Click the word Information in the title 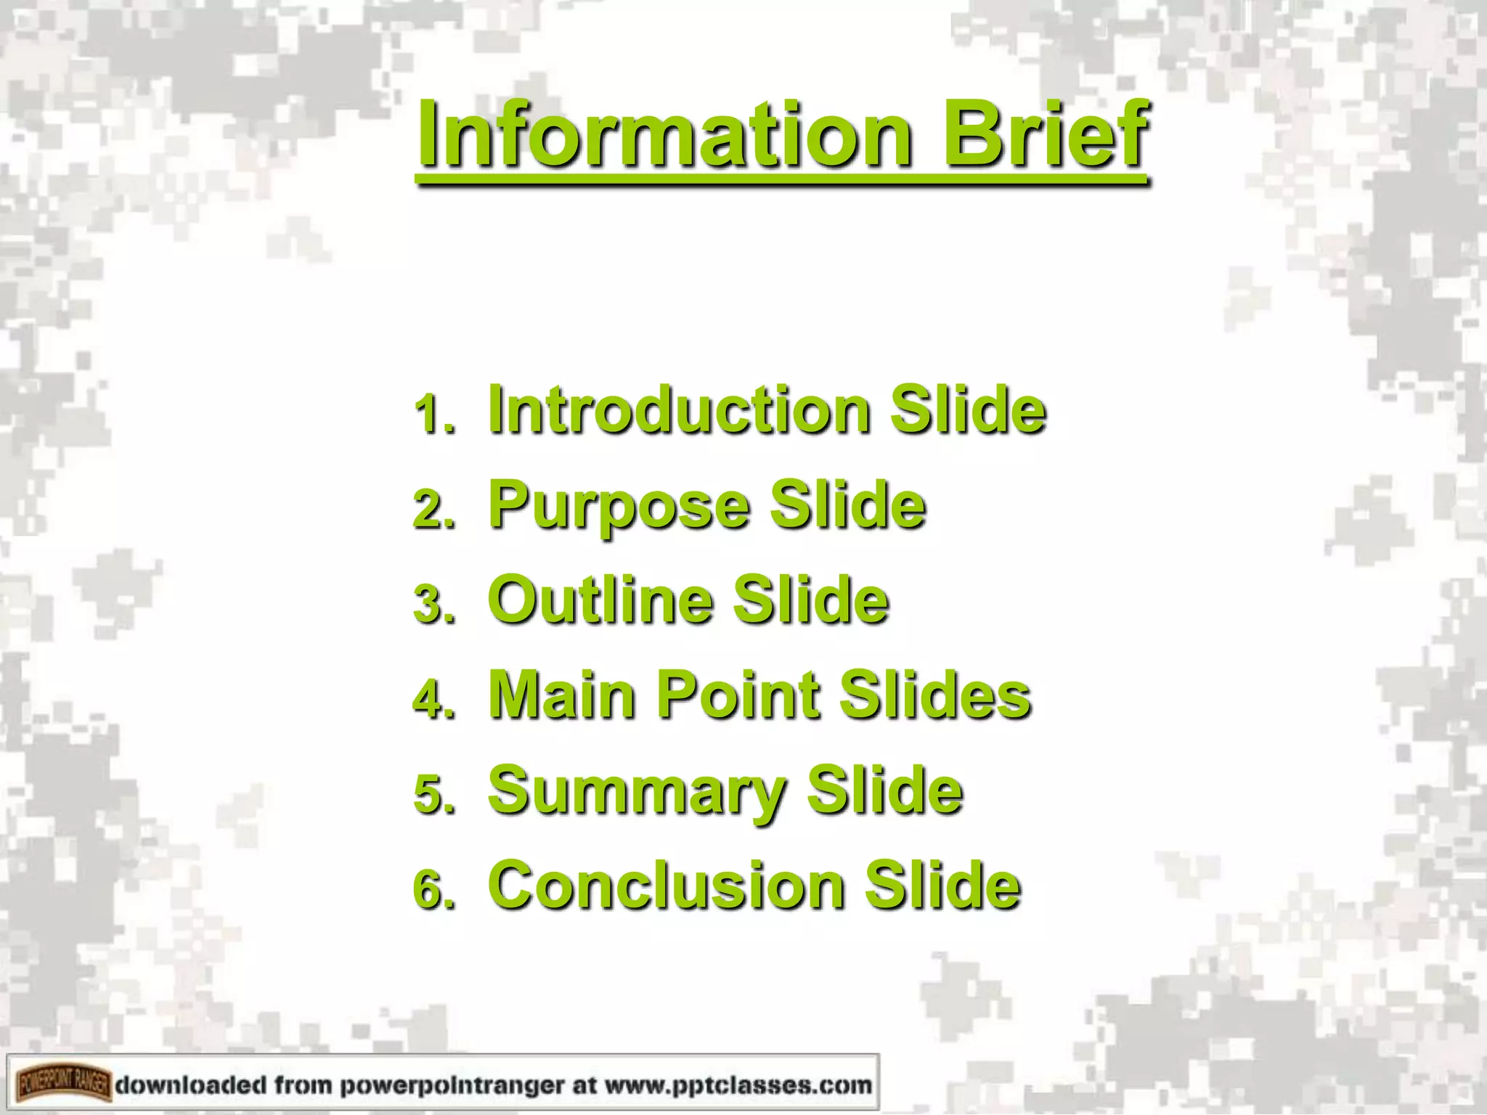click(664, 136)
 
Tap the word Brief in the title click(1046, 136)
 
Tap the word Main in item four click(563, 695)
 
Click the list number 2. click(434, 510)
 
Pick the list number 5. click(434, 796)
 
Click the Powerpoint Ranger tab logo click(63, 1085)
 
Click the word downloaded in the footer click(191, 1085)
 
